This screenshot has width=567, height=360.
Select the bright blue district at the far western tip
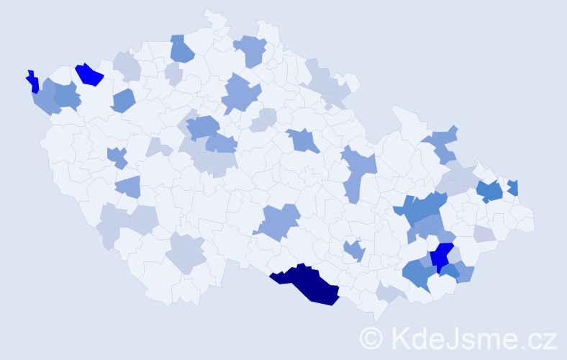[x=32, y=81]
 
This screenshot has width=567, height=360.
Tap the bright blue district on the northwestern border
[x=90, y=73]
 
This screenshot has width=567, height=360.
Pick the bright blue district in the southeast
[x=441, y=256]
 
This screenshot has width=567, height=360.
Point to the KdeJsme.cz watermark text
[x=471, y=337]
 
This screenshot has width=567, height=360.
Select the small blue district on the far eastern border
[x=513, y=188]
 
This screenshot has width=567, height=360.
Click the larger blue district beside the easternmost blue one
[x=490, y=191]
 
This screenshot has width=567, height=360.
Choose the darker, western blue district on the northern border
[x=181, y=50]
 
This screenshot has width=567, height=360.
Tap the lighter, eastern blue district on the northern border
[x=251, y=50]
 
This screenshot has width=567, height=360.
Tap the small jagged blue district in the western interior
[x=117, y=156]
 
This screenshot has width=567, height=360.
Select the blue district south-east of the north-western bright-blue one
[x=122, y=101]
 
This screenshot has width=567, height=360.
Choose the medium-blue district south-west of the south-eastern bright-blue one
[x=417, y=273]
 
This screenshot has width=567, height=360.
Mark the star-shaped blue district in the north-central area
[x=241, y=94]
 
